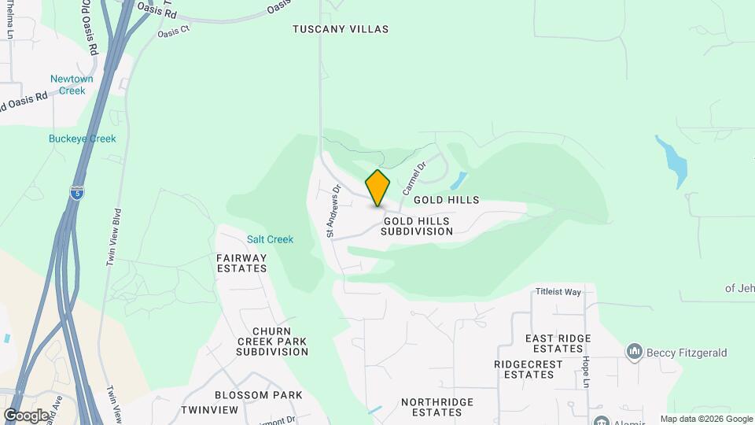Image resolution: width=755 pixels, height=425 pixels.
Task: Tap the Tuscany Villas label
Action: point(341,29)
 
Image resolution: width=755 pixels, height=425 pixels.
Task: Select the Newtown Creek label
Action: point(72,85)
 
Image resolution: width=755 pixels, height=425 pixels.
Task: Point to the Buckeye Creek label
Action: point(81,139)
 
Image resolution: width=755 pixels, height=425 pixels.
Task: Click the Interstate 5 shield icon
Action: point(75,193)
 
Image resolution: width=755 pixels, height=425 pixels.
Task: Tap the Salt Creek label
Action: point(270,239)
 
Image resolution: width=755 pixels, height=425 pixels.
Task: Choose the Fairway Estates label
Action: point(241,263)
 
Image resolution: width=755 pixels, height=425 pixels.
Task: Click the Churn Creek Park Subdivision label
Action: point(272,341)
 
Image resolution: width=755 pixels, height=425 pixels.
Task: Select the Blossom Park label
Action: point(247,395)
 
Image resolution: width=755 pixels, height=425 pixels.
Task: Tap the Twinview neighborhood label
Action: point(209,410)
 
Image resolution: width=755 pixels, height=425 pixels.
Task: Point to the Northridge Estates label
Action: point(437,407)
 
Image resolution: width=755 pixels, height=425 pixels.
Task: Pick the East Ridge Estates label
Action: point(558,343)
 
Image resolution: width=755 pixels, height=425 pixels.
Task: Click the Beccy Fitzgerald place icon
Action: point(635,352)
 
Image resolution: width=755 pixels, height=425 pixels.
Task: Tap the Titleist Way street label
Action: point(558,292)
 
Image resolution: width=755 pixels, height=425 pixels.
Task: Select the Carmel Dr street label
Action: point(414,178)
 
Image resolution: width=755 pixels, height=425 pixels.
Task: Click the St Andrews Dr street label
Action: point(333,211)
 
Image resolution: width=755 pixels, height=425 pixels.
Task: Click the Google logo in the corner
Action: point(25,416)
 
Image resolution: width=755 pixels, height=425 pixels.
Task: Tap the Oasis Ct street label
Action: point(174,31)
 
